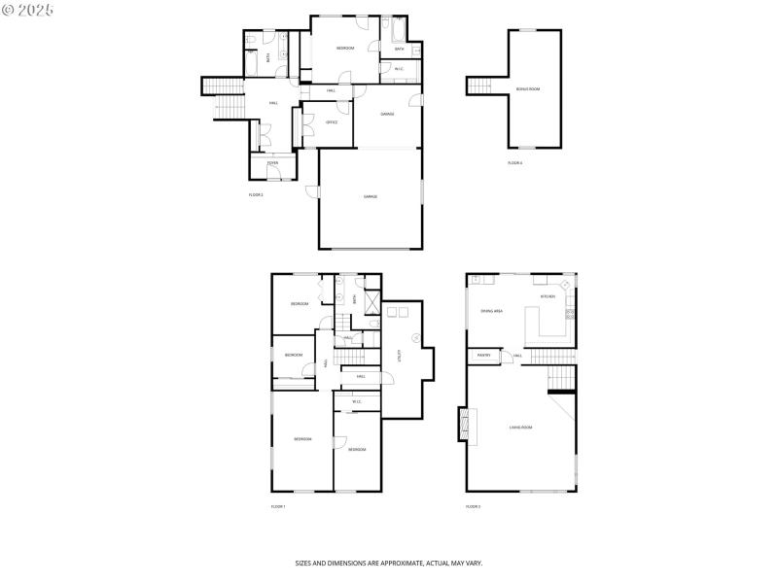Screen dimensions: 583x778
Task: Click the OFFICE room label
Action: tap(332, 122)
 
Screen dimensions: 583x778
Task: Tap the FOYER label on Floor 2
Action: tap(272, 163)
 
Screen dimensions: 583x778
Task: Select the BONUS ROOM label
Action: tap(528, 89)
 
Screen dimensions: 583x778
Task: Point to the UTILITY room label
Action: tap(399, 356)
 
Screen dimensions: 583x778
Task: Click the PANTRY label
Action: tap(483, 356)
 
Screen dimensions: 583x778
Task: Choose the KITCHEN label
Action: tap(548, 296)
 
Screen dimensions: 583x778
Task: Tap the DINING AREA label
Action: tap(491, 311)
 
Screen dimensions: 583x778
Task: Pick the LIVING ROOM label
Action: tap(520, 427)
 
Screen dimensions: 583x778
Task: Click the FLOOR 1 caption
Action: tap(278, 507)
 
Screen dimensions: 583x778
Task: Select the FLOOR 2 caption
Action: tap(256, 195)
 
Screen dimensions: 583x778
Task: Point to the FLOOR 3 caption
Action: tap(473, 507)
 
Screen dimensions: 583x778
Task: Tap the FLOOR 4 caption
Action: tap(514, 163)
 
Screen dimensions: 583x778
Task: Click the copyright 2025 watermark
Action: tap(28, 9)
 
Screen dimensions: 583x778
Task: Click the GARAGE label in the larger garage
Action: tap(371, 197)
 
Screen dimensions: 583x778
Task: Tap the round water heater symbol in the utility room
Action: tap(416, 337)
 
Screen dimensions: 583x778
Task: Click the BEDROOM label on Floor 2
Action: tap(345, 49)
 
